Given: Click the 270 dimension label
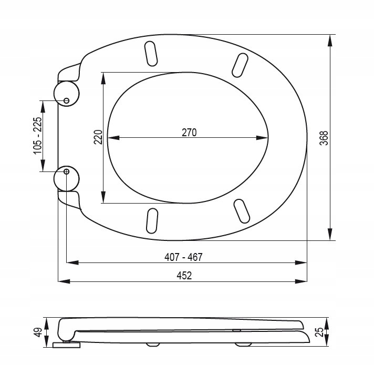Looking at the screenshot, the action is coord(189,133).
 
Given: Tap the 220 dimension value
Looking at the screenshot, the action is coord(98,137).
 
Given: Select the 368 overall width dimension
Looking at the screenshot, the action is coord(324,138).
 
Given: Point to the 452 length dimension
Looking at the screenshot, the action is coord(184,276).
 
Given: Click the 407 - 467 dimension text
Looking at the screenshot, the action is coord(183,257).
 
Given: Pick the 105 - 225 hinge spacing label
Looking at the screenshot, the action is coord(37,136).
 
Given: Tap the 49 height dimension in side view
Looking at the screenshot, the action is coord(38,332).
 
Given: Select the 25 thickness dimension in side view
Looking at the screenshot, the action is coord(319,332).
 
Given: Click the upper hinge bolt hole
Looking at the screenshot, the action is coord(66,100).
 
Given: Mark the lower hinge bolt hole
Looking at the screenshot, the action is coord(66,171).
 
